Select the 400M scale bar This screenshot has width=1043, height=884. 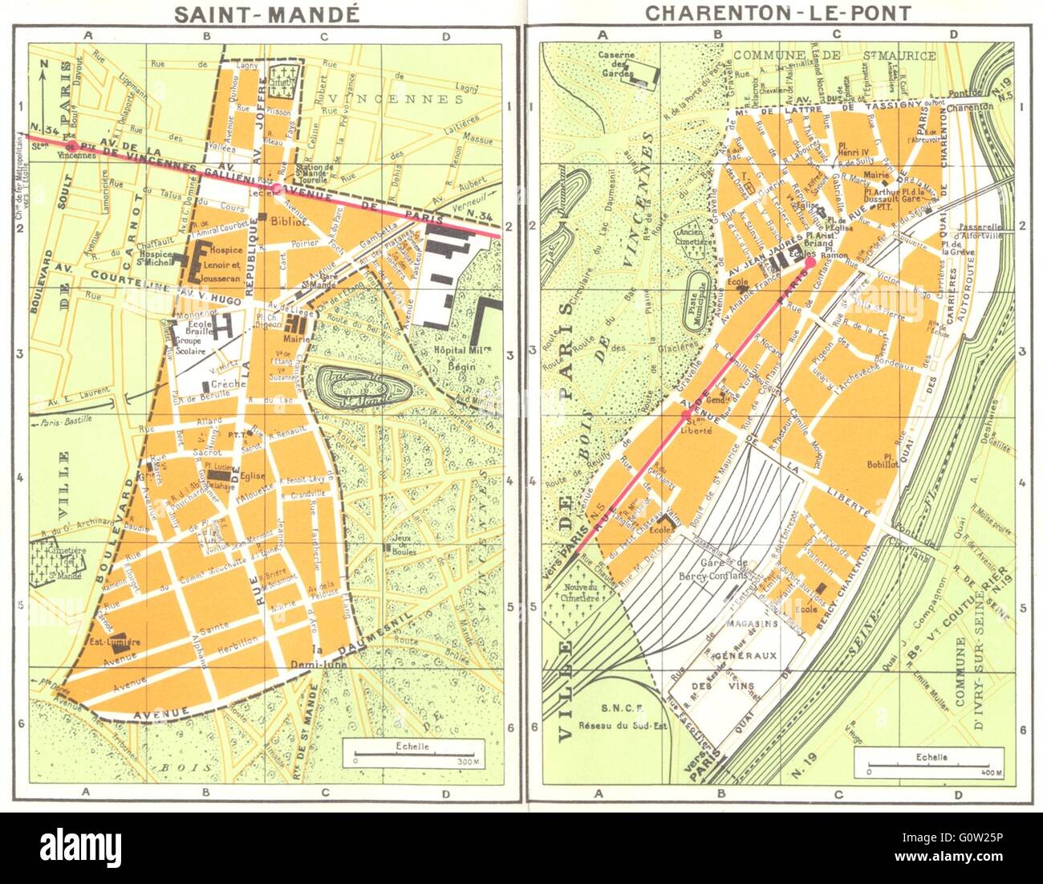(928, 763)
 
